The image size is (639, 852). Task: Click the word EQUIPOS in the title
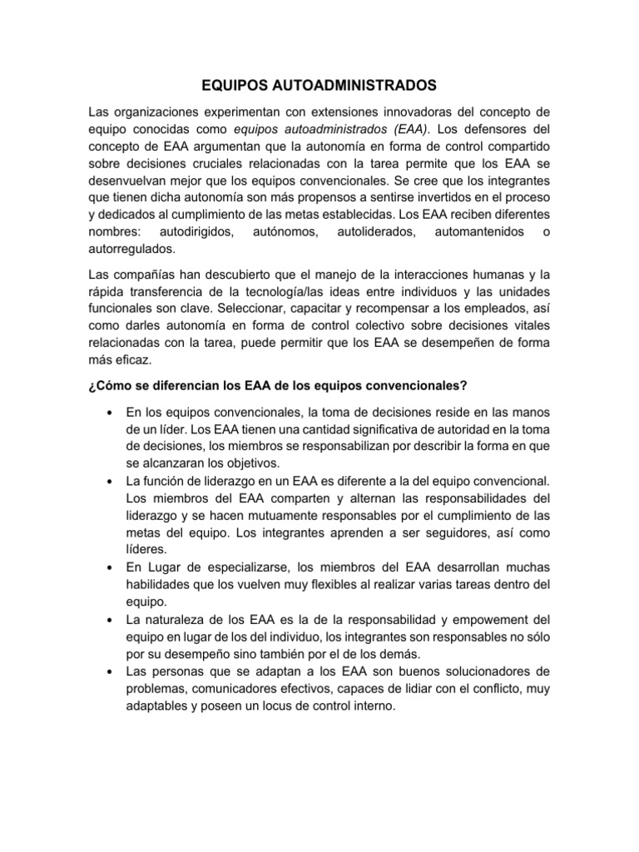coord(235,86)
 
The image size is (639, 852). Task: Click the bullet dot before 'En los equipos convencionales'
coord(110,412)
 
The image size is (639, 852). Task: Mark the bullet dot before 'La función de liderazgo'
coord(110,481)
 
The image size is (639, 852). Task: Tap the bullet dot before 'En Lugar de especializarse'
coord(110,567)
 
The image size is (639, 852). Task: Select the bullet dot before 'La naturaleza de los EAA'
coord(110,619)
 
